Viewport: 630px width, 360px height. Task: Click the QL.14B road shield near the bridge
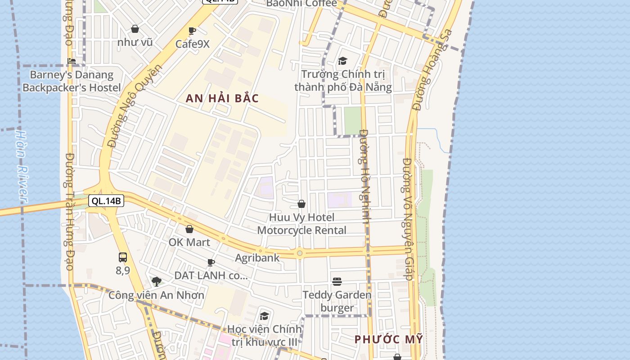[x=106, y=201]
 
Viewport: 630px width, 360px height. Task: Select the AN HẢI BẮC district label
[x=222, y=99]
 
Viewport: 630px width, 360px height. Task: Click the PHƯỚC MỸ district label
[x=389, y=339]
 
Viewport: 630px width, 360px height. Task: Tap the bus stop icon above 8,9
[x=123, y=257]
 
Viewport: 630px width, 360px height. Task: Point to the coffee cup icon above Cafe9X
[x=192, y=31]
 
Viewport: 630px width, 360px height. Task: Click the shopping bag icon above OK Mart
[x=189, y=229]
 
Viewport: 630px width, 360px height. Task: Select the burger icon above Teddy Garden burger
[x=337, y=282]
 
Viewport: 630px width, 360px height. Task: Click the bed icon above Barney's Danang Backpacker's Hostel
[x=72, y=61]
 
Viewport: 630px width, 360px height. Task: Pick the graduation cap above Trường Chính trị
[x=343, y=61]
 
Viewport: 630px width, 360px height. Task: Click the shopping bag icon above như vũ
[x=135, y=29]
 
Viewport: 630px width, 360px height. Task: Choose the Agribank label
[x=257, y=258]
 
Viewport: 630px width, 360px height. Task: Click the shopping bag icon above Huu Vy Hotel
[x=301, y=204]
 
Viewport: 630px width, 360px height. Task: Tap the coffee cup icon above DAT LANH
[x=211, y=262]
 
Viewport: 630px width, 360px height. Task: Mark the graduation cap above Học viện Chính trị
[x=264, y=316]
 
